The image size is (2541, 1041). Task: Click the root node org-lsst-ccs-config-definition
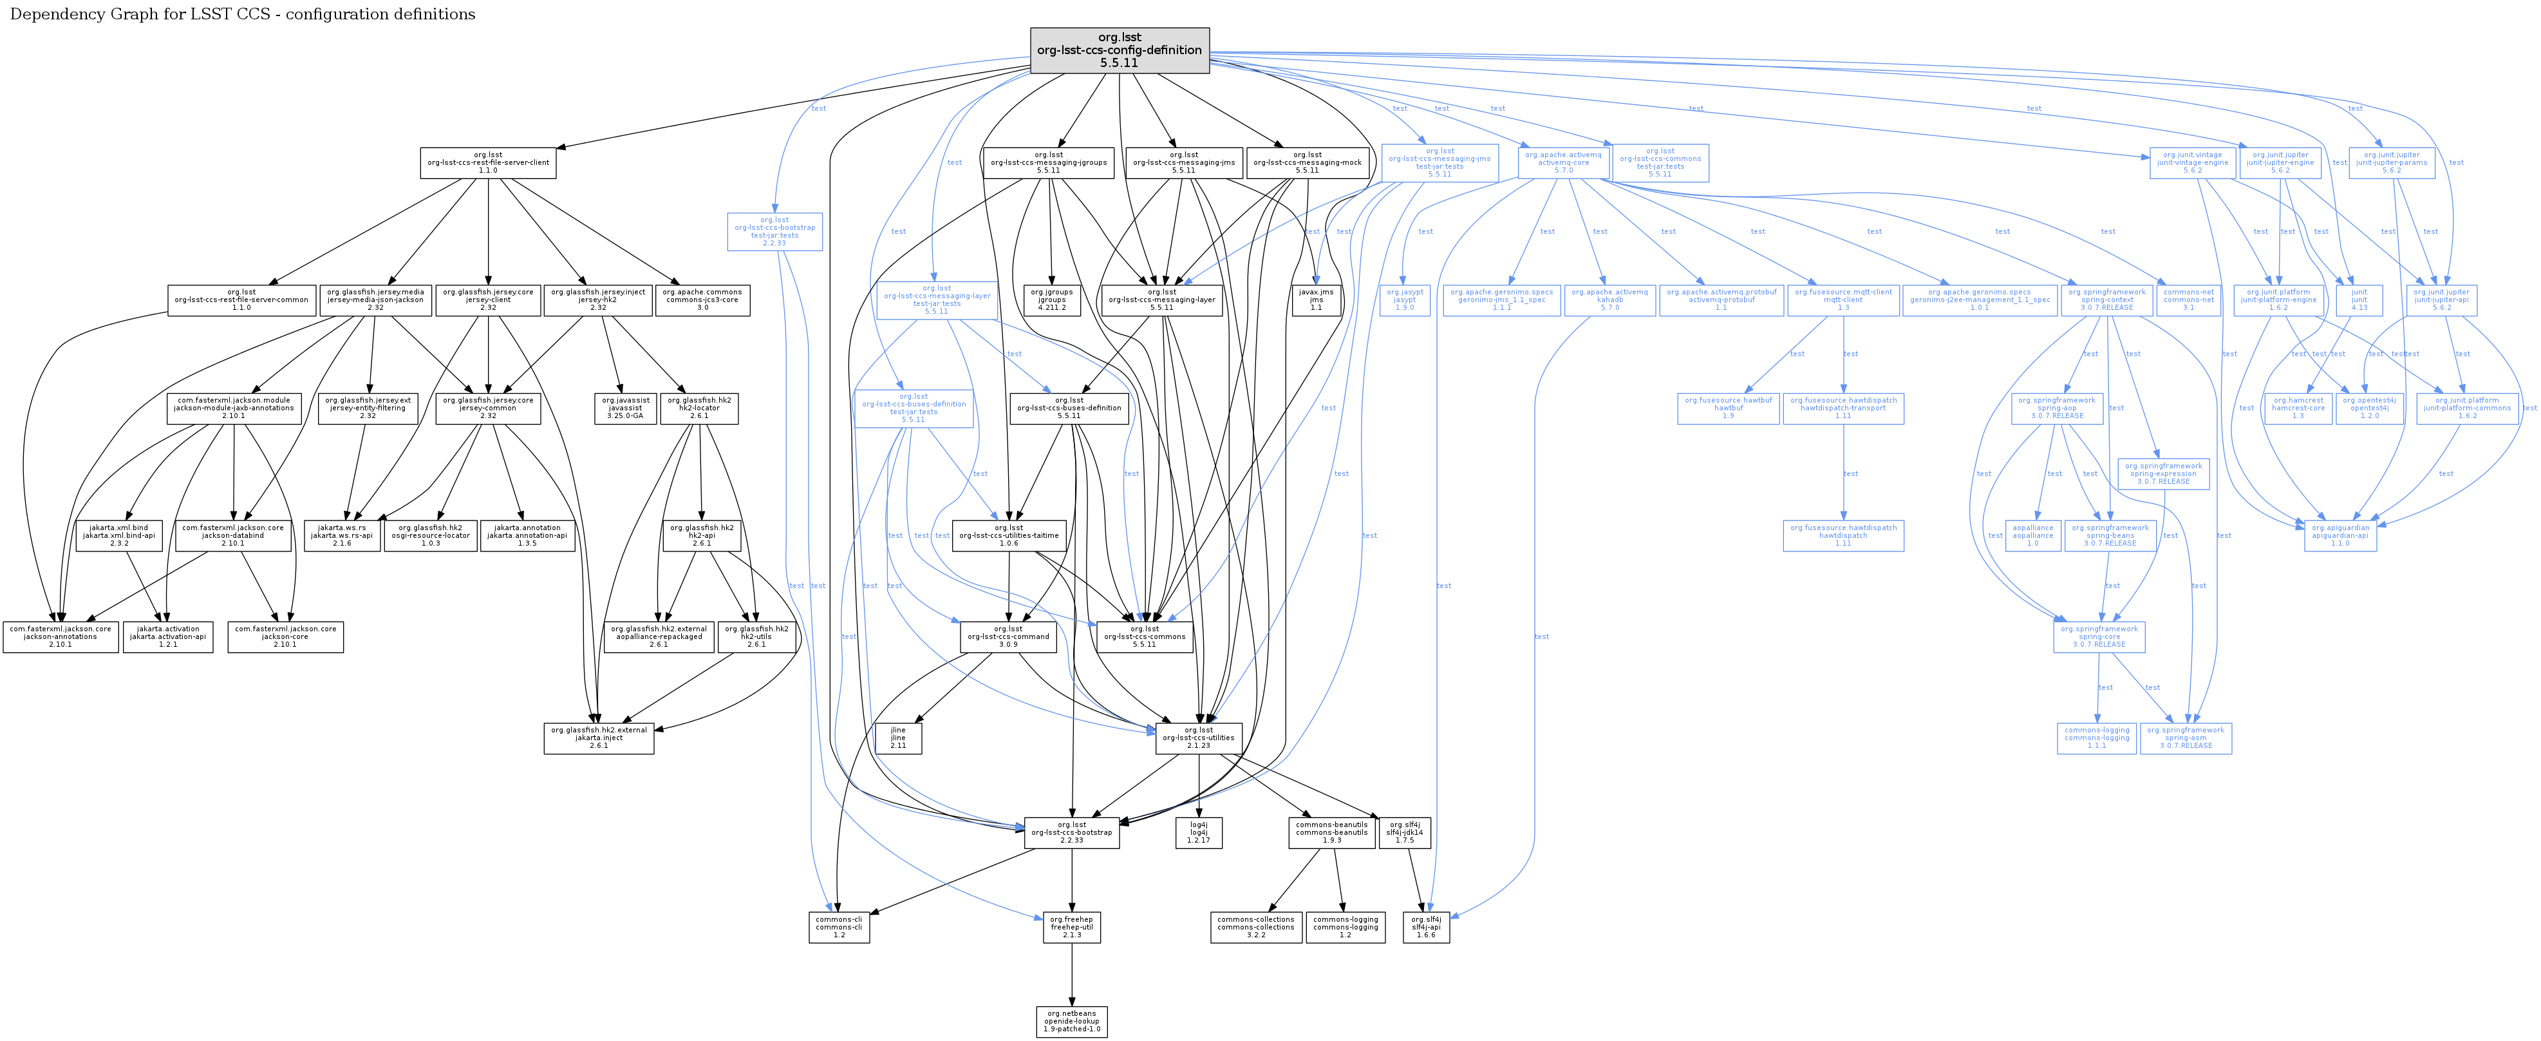click(1119, 50)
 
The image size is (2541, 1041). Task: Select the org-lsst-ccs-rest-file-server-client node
click(487, 163)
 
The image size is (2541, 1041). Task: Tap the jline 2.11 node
click(897, 738)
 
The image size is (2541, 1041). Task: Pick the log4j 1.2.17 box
click(1199, 833)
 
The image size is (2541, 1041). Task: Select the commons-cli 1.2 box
click(838, 928)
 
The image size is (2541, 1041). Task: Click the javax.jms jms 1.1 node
click(1316, 300)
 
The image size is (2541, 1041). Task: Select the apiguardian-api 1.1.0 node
click(2339, 536)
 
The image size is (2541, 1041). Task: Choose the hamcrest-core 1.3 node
click(2298, 408)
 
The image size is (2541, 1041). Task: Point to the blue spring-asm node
click(2185, 738)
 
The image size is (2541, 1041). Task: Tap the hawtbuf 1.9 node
click(1727, 408)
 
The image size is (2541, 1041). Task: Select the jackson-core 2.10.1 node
click(285, 636)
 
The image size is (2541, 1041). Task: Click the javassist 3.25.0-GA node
click(625, 408)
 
